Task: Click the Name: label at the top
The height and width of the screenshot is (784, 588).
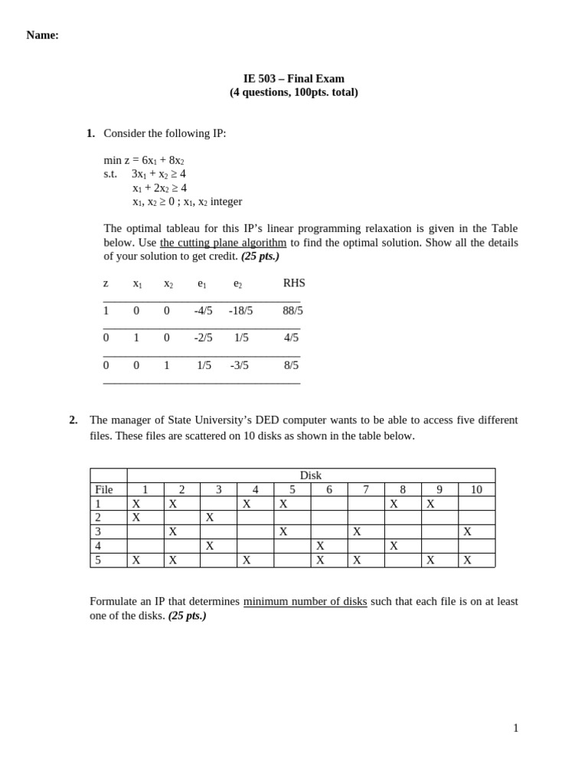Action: tap(42, 35)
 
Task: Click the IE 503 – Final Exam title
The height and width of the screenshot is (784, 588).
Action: tap(293, 78)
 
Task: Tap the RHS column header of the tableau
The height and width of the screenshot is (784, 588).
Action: tap(294, 283)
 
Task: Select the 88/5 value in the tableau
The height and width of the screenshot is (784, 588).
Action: tap(292, 311)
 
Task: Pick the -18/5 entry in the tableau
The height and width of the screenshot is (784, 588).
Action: tap(240, 311)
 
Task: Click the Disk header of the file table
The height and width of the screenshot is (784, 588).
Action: tap(311, 475)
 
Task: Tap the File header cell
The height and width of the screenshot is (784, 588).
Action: tap(104, 490)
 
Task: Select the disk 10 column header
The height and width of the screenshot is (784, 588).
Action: tap(476, 490)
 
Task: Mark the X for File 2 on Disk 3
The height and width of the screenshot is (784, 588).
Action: tap(210, 518)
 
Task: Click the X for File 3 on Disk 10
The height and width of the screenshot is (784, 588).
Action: tap(468, 531)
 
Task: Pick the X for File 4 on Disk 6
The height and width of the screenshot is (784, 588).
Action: tap(320, 546)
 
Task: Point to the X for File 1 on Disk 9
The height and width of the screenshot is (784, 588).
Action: tap(431, 504)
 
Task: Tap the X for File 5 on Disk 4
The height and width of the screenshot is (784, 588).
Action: tap(247, 560)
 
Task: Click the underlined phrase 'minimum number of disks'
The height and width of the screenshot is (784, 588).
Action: tap(305, 602)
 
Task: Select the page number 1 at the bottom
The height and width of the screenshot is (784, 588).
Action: tap(515, 728)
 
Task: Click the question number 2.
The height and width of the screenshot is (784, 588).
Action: tap(73, 420)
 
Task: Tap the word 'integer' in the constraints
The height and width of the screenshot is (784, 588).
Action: tap(226, 201)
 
